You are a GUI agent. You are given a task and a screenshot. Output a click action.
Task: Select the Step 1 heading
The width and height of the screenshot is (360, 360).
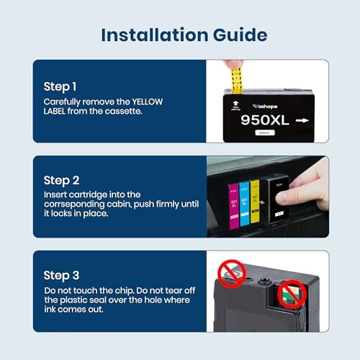click(x=60, y=86)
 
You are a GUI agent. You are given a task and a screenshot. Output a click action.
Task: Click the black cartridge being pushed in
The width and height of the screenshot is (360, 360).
click(x=272, y=202)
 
